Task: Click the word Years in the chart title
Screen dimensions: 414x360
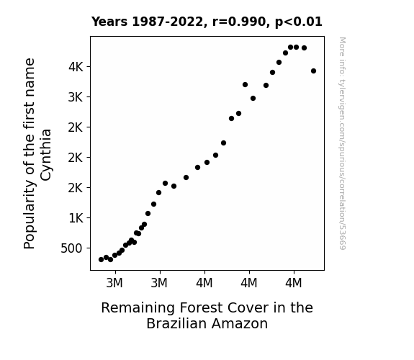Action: pyautogui.click(x=109, y=22)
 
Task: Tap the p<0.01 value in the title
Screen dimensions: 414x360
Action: pyautogui.click(x=299, y=22)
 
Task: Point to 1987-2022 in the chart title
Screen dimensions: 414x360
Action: pyautogui.click(x=169, y=22)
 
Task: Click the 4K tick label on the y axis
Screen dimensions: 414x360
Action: pyautogui.click(x=76, y=67)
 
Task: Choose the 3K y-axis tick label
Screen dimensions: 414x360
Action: pyautogui.click(x=76, y=97)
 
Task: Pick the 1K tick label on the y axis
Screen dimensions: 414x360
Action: pyautogui.click(x=76, y=218)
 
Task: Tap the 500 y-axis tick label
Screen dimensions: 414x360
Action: pyautogui.click(x=71, y=248)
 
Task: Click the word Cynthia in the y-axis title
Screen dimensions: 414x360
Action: pyautogui.click(x=45, y=155)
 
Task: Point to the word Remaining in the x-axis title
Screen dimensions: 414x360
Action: pyautogui.click(x=138, y=308)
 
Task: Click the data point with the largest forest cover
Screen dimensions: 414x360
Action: pyautogui.click(x=313, y=71)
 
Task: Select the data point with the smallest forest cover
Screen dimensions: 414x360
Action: pyautogui.click(x=101, y=260)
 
